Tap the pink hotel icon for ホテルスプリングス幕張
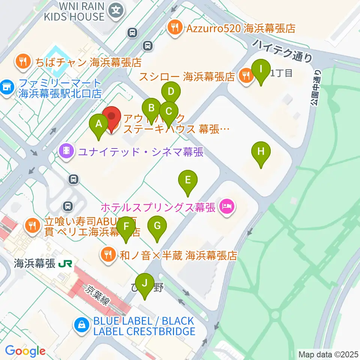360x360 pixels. coord(226,205)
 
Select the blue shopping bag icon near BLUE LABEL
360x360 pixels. coord(81,325)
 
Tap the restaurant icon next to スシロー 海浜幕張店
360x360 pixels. coord(246,76)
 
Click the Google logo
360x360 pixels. coord(25,351)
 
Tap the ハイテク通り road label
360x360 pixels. coord(282,50)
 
